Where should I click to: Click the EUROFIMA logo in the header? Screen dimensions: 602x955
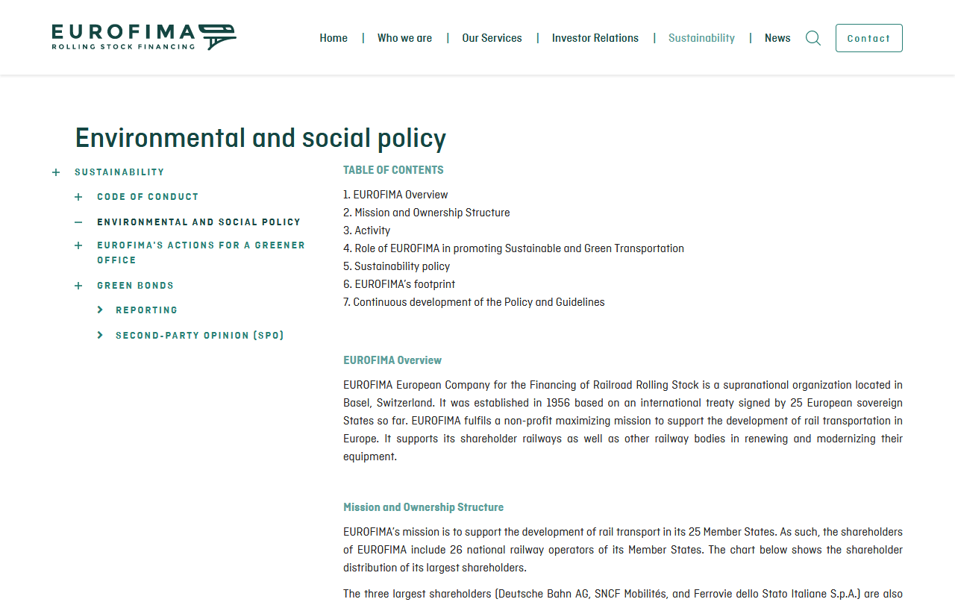(144, 37)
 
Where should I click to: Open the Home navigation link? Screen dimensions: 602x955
(334, 38)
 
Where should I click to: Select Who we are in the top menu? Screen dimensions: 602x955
(404, 38)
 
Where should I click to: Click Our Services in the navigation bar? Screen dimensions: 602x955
(492, 38)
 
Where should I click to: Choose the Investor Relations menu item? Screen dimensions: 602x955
(595, 38)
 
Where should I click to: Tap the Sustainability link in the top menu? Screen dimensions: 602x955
(701, 38)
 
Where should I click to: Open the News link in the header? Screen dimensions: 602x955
(777, 38)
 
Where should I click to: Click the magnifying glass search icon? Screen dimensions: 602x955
(813, 38)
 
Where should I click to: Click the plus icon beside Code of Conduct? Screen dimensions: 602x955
(78, 197)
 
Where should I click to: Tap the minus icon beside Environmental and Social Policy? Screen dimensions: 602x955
(78, 222)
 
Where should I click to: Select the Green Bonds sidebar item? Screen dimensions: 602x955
(135, 286)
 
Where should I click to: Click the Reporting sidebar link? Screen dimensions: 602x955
(146, 310)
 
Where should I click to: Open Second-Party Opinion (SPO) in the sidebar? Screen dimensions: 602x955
(199, 336)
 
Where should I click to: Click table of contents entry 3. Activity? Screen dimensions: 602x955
(366, 231)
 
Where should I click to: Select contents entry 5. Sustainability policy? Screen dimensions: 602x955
(396, 266)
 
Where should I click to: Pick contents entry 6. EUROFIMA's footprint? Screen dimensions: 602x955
(399, 284)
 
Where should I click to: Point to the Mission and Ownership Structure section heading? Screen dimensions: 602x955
(423, 507)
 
